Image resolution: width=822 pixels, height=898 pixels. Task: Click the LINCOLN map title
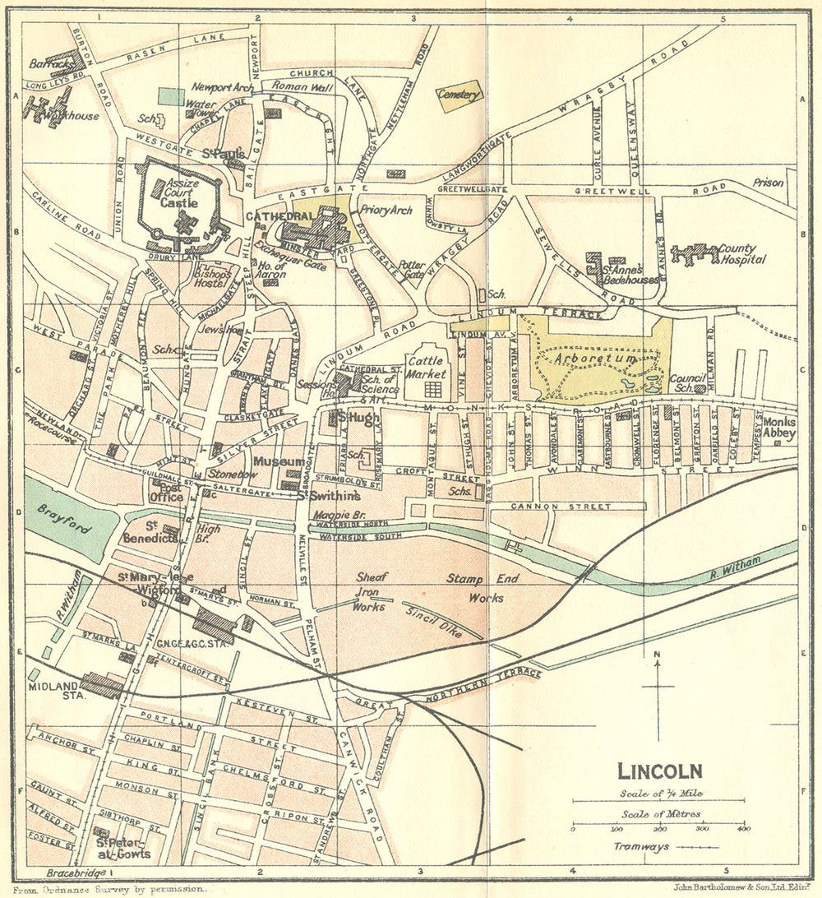coord(659,771)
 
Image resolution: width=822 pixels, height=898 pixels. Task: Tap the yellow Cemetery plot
coord(459,96)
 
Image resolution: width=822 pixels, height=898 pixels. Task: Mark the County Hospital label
coord(742,254)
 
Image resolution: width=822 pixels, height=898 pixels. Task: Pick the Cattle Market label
coord(426,368)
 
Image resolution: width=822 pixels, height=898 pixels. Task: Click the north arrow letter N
coord(657,655)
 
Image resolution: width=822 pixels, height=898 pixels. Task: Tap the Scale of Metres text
coord(658,814)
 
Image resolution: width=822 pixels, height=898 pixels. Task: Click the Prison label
coord(768,183)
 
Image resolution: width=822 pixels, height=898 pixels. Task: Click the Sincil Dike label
coord(430,620)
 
